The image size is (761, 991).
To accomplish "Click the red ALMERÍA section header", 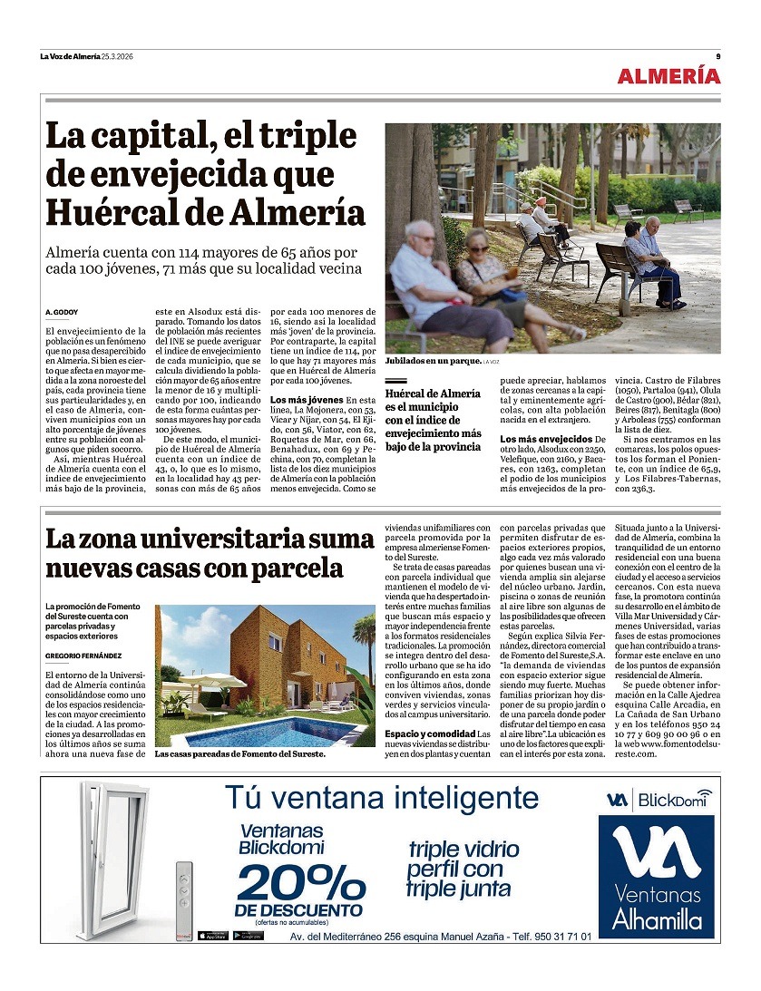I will click(668, 76).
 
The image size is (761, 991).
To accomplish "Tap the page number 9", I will click(717, 56).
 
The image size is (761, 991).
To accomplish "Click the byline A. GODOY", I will click(62, 312).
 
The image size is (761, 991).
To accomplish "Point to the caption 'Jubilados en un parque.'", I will click(433, 361).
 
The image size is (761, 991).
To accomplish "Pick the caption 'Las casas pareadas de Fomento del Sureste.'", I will click(239, 753).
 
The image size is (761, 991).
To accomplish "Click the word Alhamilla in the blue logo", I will click(657, 919).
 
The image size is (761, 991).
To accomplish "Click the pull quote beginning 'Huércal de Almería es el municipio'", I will click(433, 420).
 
